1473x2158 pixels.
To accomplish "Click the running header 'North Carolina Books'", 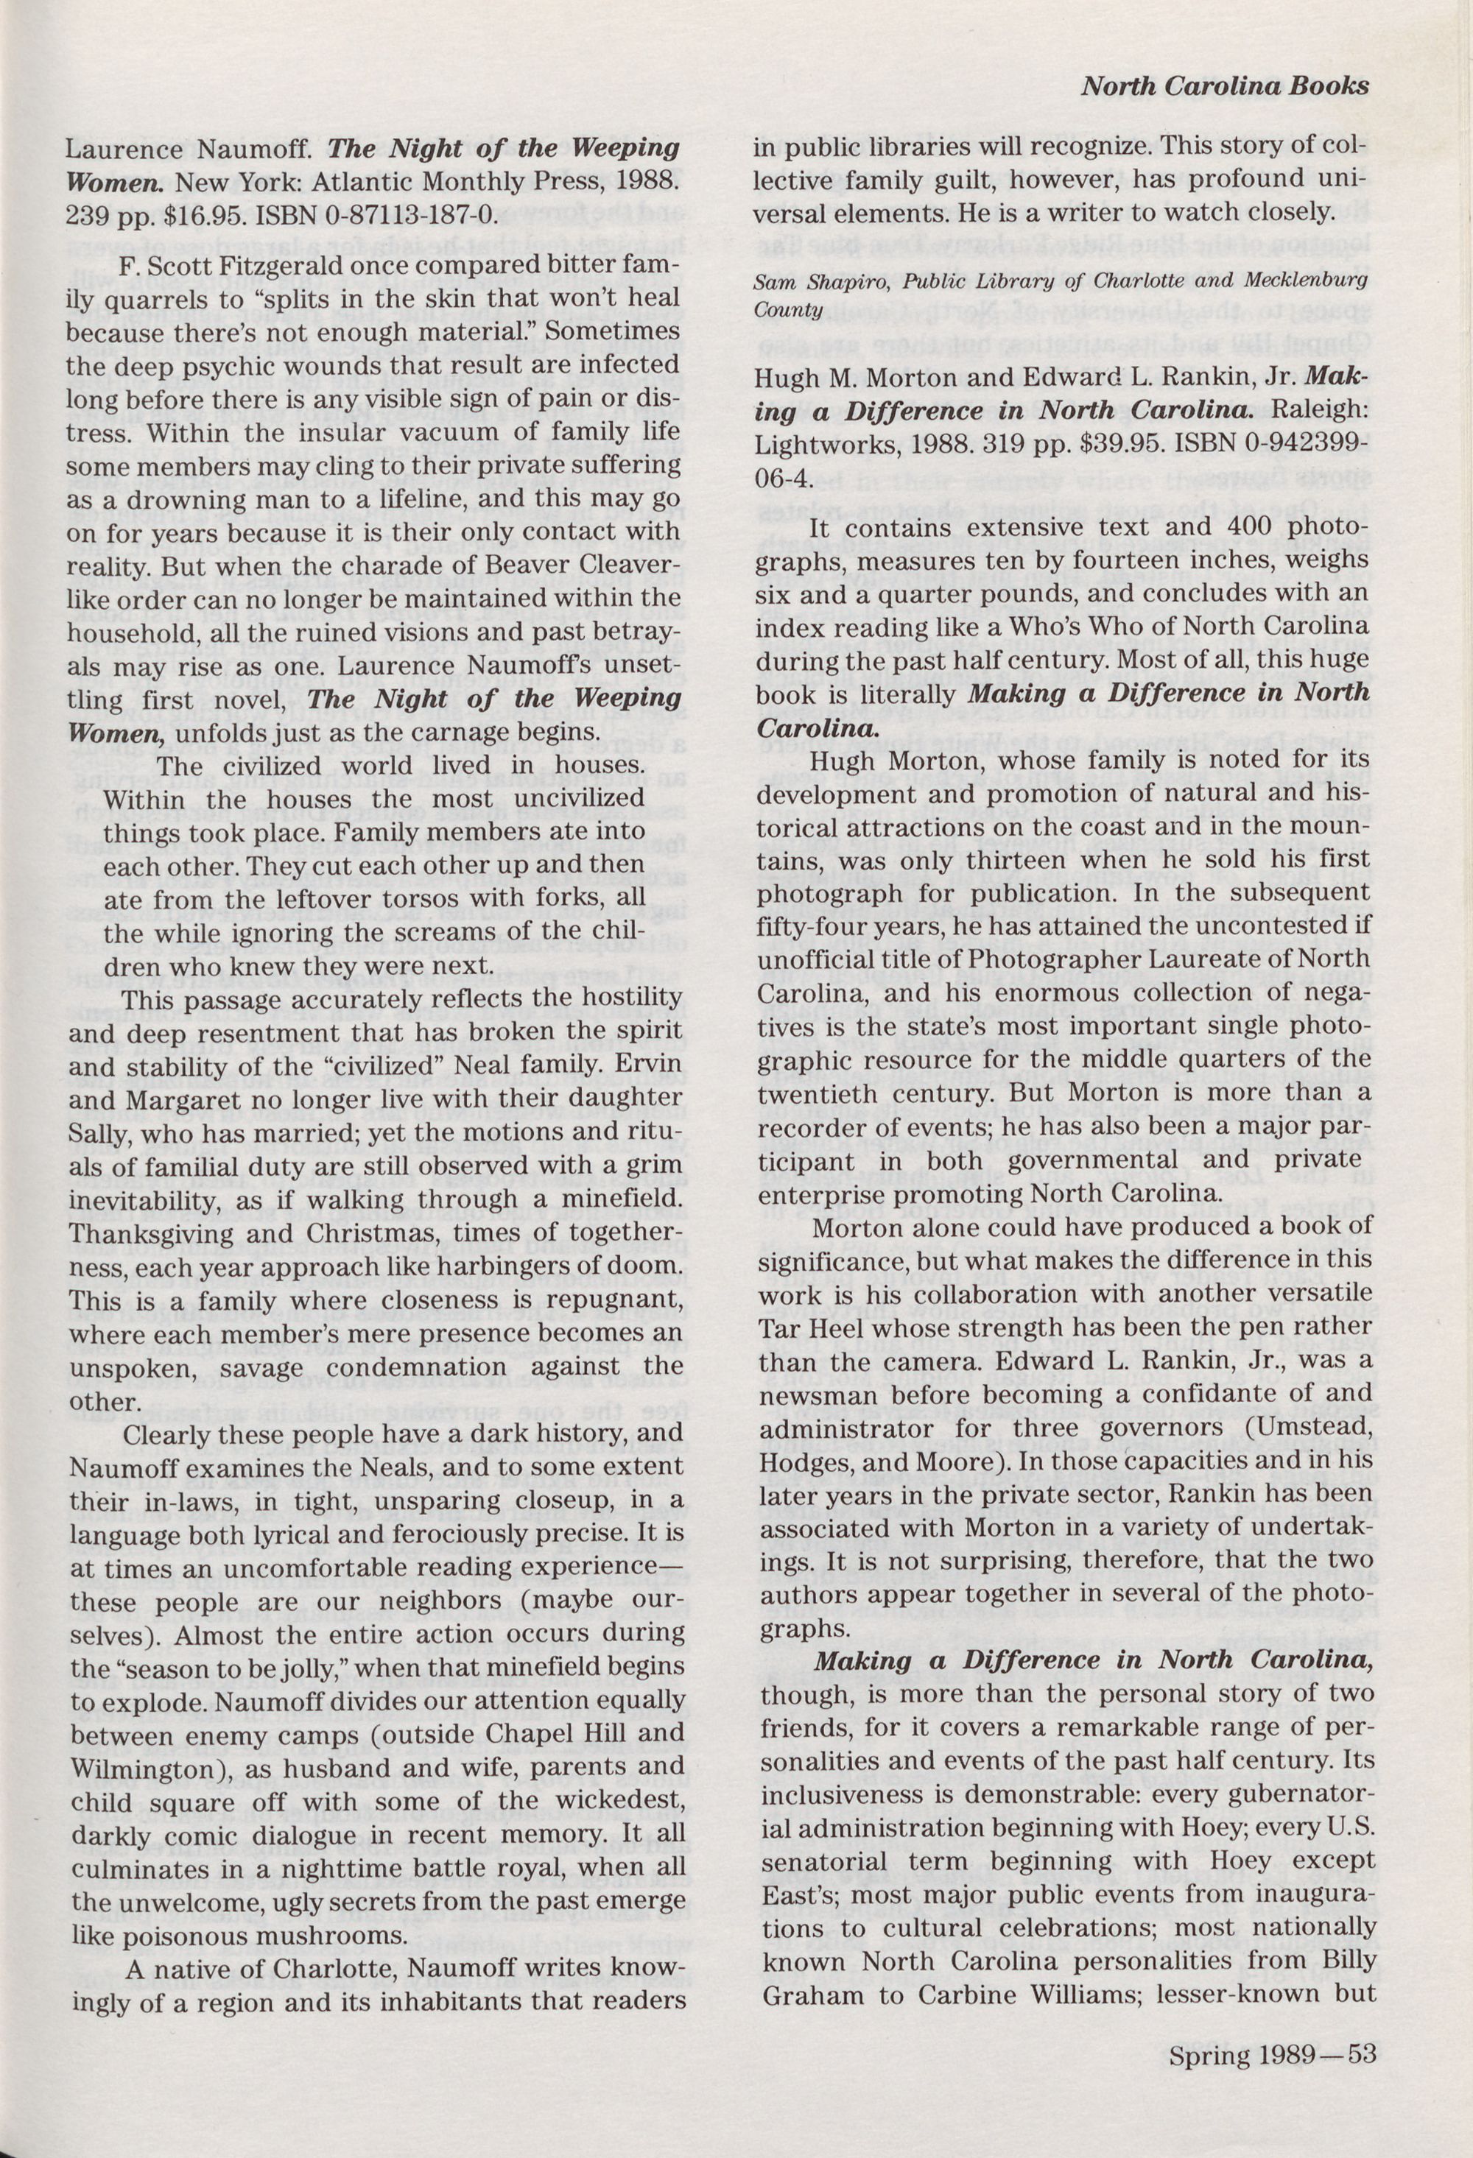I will pos(1224,88).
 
